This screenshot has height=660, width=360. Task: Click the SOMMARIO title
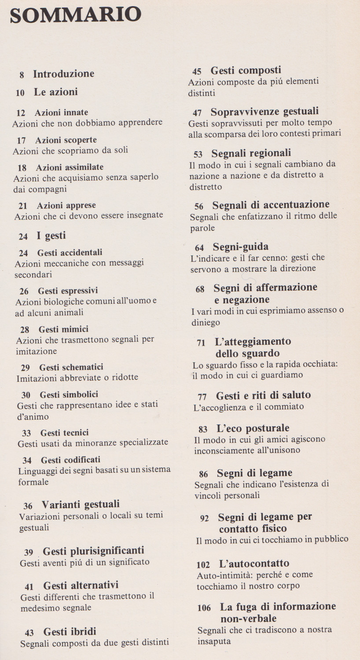pos(75,15)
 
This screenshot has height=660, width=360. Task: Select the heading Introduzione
pos(63,74)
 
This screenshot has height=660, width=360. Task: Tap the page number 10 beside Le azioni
pos(20,93)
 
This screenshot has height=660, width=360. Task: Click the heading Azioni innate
pos(61,112)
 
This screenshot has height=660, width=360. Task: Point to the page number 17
pos(22,141)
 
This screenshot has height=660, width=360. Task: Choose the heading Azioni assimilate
pos(70,167)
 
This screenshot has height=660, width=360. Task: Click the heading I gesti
pos(51,236)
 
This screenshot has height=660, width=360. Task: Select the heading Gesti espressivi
pos(68,291)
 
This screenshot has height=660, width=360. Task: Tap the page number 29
pos(26,368)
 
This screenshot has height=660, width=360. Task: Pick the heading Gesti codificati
pos(70,460)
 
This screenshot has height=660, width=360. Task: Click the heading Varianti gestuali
pos(81,505)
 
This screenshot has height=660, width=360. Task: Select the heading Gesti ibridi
pos(70,632)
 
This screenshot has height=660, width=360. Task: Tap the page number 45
pos(197,71)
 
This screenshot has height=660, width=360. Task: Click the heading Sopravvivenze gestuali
pos(264,112)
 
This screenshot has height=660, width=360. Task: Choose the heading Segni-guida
pos(240,247)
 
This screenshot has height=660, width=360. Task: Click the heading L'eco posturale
pos(253,428)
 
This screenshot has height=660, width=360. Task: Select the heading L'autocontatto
pos(254,564)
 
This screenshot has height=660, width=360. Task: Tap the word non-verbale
pos(255,619)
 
